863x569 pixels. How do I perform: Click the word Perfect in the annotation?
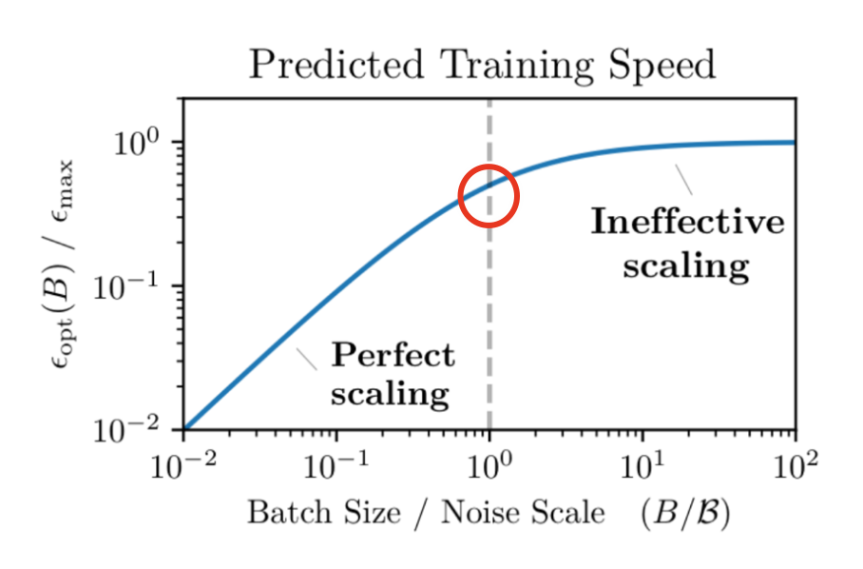(393, 357)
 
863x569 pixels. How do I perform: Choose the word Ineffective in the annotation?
(688, 223)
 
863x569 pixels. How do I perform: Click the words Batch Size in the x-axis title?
(323, 513)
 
